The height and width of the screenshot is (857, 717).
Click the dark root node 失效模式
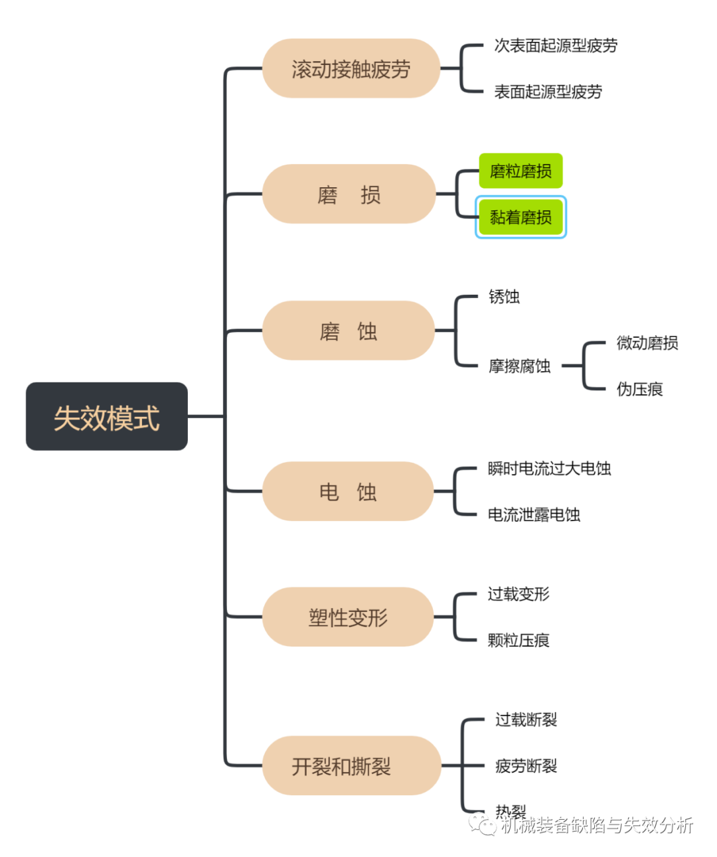[x=107, y=417]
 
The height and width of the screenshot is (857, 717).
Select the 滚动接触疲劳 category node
[x=351, y=68]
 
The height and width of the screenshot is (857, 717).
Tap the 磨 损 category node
[x=349, y=195]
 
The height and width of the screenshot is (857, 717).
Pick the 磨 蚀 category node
[x=349, y=331]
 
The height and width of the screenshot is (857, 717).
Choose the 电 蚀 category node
[x=348, y=491]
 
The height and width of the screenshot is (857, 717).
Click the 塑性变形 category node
[x=348, y=617]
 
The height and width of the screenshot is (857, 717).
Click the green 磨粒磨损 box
[x=520, y=171]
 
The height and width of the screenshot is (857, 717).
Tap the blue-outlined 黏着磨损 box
[x=520, y=217]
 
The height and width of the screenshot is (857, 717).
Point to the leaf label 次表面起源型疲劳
[x=556, y=46]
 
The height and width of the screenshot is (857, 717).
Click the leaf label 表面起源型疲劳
[x=548, y=92]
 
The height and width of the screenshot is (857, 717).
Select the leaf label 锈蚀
[x=504, y=297]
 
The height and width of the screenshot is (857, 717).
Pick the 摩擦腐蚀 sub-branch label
[x=519, y=366]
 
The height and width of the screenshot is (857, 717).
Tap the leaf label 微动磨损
[x=647, y=343]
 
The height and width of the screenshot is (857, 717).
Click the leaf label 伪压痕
[x=639, y=389]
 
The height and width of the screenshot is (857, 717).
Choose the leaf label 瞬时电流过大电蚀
[x=549, y=469]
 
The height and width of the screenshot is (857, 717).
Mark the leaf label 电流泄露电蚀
[x=534, y=514]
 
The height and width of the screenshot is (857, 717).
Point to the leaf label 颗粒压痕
[x=518, y=640]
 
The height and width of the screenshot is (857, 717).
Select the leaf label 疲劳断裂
[x=526, y=766]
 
